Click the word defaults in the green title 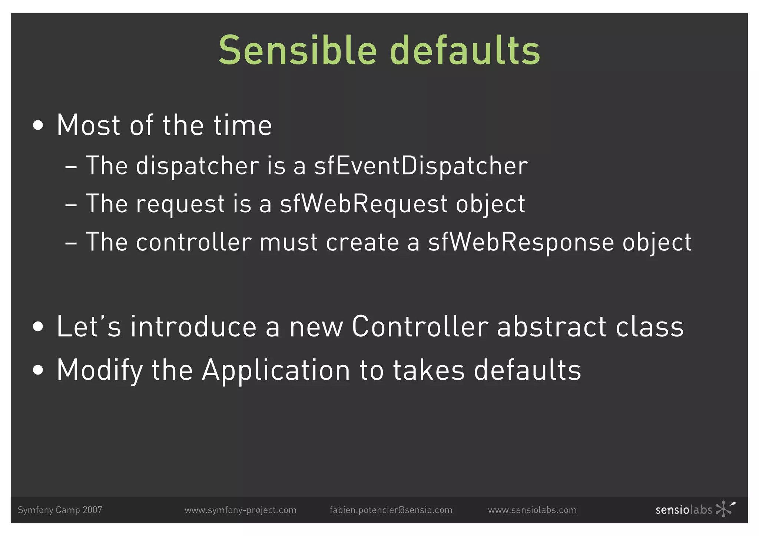point(465,50)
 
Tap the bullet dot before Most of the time point(38,125)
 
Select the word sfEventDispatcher point(421,166)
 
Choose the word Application point(276,370)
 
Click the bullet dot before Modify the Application point(38,370)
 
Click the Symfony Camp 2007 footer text point(60,510)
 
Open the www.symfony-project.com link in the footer point(241,510)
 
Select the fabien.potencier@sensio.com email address point(391,510)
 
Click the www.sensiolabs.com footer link point(532,510)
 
